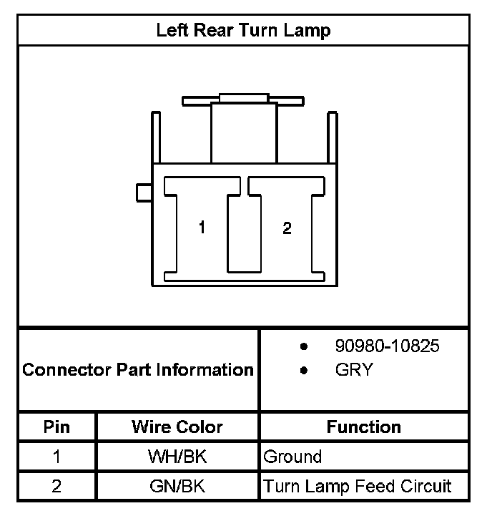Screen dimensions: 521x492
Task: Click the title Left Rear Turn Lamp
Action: [x=243, y=31]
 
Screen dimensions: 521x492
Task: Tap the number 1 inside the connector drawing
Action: [x=202, y=228]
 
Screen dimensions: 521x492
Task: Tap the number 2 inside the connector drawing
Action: [x=287, y=229]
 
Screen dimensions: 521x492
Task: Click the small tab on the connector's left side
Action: [x=143, y=193]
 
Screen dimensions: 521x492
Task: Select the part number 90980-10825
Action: [x=387, y=346]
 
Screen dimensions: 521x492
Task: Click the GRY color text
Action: [x=353, y=371]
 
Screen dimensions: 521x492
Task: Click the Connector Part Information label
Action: [x=138, y=370]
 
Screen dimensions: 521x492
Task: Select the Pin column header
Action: [x=57, y=427]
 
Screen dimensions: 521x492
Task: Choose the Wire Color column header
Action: [x=177, y=427]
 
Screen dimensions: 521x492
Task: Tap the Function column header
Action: [x=364, y=427]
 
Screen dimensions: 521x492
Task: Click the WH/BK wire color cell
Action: [x=177, y=457]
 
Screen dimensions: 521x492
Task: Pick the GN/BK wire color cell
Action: [x=177, y=487]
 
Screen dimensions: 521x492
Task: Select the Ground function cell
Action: [x=292, y=457]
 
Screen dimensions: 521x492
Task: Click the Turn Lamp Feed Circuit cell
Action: [x=358, y=487]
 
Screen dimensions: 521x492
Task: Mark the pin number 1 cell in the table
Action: [x=57, y=457]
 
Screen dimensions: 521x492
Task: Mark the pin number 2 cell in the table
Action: [x=57, y=487]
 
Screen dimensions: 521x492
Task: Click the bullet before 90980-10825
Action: [x=304, y=347]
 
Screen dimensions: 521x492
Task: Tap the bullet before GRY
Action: [x=304, y=371]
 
